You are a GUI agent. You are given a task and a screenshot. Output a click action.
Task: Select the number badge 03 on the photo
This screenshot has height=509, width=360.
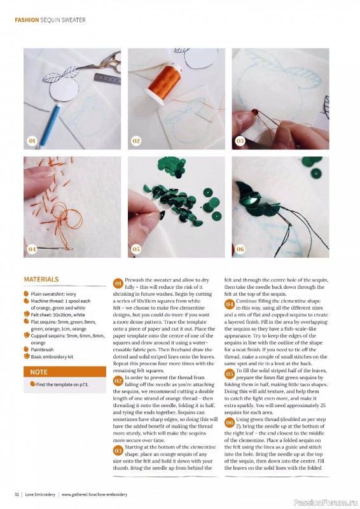(x=240, y=141)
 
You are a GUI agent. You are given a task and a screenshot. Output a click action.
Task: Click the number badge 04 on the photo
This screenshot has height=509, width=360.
(x=32, y=249)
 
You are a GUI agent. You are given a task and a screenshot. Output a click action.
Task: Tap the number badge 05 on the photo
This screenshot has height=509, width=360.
(x=136, y=249)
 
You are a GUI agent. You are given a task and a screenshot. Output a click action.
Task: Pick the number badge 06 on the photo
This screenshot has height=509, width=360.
(x=240, y=249)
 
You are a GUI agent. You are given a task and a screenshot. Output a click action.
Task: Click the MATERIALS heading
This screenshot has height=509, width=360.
(x=41, y=279)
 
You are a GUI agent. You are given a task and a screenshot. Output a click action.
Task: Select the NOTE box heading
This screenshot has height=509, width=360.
(x=39, y=372)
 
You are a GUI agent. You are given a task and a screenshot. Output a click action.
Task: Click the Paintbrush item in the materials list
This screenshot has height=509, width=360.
(x=44, y=349)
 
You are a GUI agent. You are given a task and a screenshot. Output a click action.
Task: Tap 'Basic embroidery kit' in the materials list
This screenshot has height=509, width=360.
(x=53, y=356)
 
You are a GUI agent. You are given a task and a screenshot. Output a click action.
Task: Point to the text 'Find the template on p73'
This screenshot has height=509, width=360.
(x=63, y=385)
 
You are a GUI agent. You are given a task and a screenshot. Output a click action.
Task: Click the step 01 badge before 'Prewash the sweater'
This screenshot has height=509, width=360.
(x=118, y=282)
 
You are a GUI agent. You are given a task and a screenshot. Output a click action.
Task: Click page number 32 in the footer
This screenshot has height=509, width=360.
(x=17, y=494)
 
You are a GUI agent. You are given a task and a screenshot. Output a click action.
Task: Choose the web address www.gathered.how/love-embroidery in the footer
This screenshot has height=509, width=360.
(x=100, y=494)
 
